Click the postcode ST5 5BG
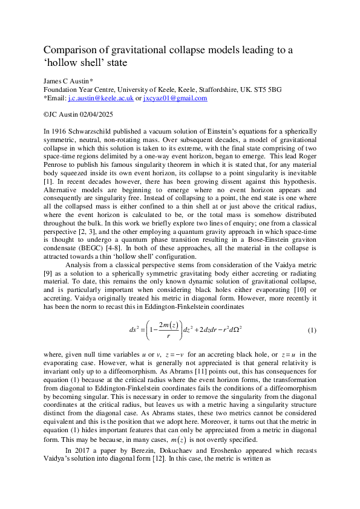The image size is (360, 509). (265, 89)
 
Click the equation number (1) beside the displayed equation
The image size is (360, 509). (312, 331)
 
